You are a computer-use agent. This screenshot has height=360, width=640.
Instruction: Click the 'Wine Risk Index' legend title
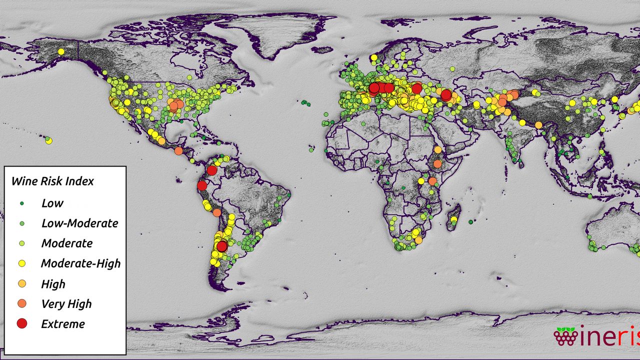click(x=52, y=181)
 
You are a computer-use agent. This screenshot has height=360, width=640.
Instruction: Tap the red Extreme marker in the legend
click(x=21, y=324)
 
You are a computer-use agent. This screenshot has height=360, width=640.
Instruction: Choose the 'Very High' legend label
click(x=66, y=303)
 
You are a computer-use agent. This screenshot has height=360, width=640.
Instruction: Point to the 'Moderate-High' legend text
click(x=80, y=263)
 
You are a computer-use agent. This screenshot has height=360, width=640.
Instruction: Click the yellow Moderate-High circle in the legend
click(x=21, y=263)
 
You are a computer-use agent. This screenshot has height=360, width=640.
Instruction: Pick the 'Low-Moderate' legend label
click(x=79, y=223)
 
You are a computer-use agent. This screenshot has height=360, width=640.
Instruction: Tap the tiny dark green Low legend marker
click(x=21, y=203)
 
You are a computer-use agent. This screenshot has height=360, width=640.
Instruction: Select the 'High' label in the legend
click(x=53, y=284)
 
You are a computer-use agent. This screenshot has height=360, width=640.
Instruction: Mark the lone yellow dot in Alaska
click(x=61, y=51)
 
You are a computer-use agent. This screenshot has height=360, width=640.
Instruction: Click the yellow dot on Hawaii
click(x=48, y=141)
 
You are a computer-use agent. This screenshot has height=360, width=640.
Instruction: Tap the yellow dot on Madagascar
click(x=453, y=219)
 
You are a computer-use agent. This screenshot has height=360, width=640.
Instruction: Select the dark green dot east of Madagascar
click(x=470, y=221)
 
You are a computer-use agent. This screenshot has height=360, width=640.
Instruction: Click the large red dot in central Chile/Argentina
click(x=222, y=246)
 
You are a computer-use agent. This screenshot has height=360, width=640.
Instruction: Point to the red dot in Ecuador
click(x=202, y=186)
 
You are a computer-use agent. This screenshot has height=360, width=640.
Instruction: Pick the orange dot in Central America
click(x=178, y=151)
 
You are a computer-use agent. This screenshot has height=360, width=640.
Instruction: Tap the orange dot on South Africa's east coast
click(x=418, y=240)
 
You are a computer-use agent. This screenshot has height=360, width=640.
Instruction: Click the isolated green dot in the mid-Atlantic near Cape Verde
click(x=311, y=149)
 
